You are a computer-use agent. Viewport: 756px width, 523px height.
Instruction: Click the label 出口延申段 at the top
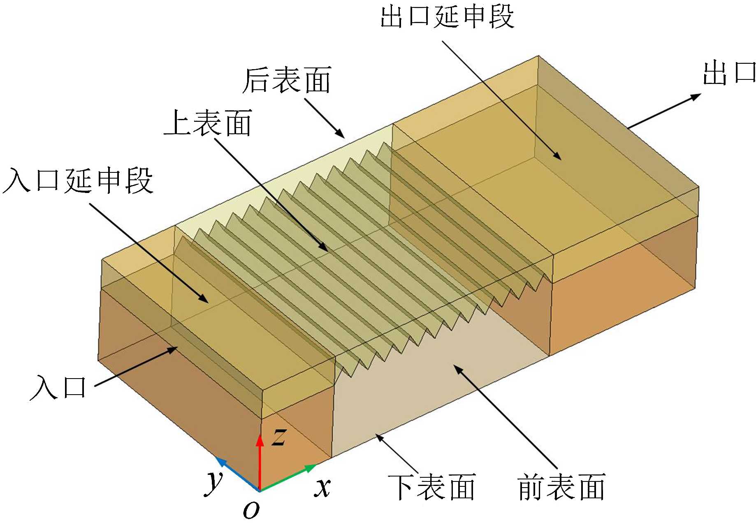(447, 17)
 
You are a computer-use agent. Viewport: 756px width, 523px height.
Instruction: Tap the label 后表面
(287, 80)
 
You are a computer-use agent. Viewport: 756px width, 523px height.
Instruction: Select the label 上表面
(208, 123)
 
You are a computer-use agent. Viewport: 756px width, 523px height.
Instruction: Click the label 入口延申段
(78, 180)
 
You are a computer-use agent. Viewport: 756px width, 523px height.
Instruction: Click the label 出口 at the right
(729, 73)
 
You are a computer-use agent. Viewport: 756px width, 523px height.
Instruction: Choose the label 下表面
(432, 487)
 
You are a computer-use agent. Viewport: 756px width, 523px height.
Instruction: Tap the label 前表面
(561, 487)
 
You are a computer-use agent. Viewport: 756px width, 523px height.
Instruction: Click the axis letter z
(279, 437)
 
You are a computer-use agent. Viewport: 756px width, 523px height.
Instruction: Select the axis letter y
(214, 481)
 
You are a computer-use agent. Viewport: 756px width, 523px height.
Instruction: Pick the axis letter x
(323, 488)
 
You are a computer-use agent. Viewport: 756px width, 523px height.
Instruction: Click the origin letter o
(251, 510)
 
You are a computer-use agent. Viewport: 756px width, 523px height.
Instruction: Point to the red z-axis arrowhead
(260, 439)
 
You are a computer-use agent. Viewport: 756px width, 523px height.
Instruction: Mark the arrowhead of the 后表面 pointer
(340, 134)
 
